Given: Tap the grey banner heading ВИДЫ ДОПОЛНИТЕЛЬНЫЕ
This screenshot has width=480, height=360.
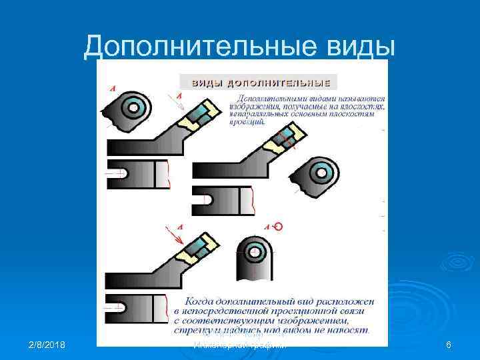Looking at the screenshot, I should click(259, 82).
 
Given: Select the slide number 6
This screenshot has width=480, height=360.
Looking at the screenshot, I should click(449, 345).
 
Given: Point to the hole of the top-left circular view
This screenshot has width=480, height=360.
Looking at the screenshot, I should click(132, 107).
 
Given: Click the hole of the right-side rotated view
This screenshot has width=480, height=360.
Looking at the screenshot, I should click(323, 173).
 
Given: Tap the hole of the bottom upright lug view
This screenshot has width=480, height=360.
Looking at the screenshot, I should click(253, 253).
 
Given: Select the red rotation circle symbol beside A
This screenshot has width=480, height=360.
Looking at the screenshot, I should click(278, 227).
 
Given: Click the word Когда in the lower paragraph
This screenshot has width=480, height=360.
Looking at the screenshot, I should click(200, 302).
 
